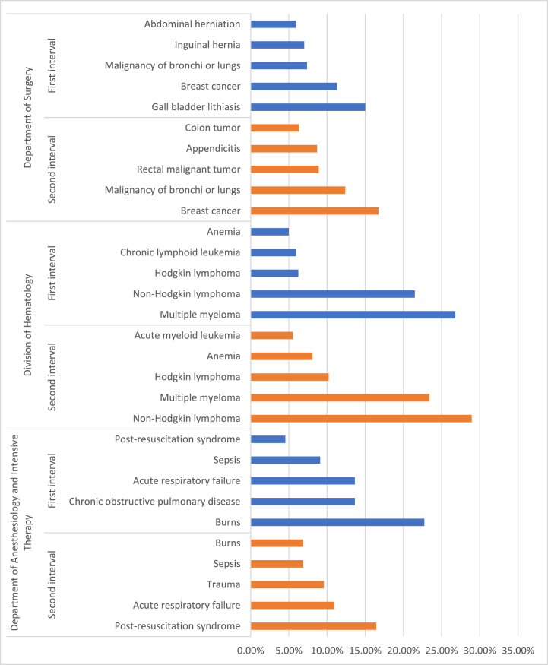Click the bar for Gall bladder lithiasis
308,107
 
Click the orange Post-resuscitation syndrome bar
313,626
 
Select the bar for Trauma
287,584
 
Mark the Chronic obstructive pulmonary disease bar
303,502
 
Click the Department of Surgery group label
28,117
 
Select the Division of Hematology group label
28,325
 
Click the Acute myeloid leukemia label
188,335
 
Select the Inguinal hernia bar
277,45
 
